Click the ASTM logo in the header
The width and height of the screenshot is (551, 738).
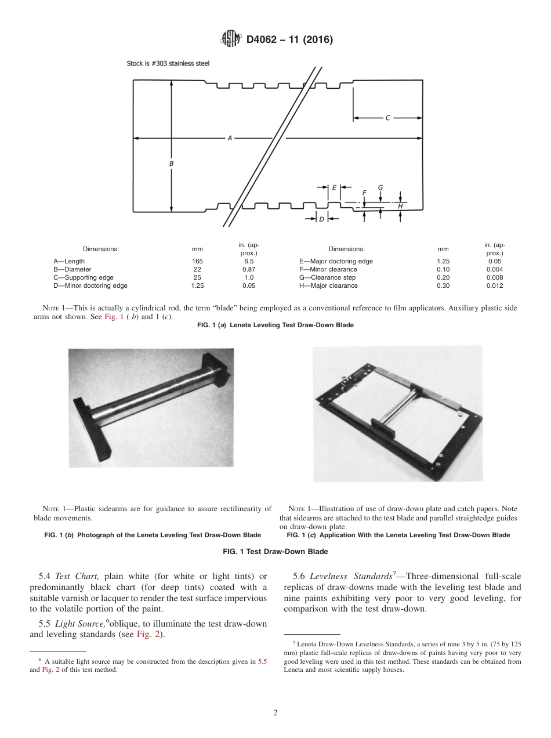coord(231,39)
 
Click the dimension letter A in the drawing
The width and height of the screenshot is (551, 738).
coord(230,138)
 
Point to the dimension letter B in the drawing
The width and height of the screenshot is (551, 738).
coord(171,164)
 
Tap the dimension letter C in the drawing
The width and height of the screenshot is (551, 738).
coord(387,118)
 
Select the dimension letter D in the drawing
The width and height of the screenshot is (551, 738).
coord(321,219)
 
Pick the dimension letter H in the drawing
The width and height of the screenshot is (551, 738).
coord(400,206)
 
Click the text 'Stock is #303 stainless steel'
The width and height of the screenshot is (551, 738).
coord(168,63)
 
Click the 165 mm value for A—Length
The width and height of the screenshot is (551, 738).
coord(197,261)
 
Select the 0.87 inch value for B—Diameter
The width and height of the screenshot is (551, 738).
coord(248,269)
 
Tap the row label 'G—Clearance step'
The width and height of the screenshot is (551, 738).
coord(327,277)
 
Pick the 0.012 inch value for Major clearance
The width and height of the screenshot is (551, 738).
coord(494,285)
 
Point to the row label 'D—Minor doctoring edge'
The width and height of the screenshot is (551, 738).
coord(90,285)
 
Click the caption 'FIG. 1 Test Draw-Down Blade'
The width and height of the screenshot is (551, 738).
coord(275,552)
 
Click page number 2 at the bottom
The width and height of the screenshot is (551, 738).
coord(275,713)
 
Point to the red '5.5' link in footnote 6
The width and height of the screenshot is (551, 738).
coord(262,662)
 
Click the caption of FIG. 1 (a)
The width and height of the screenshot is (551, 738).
coord(275,325)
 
